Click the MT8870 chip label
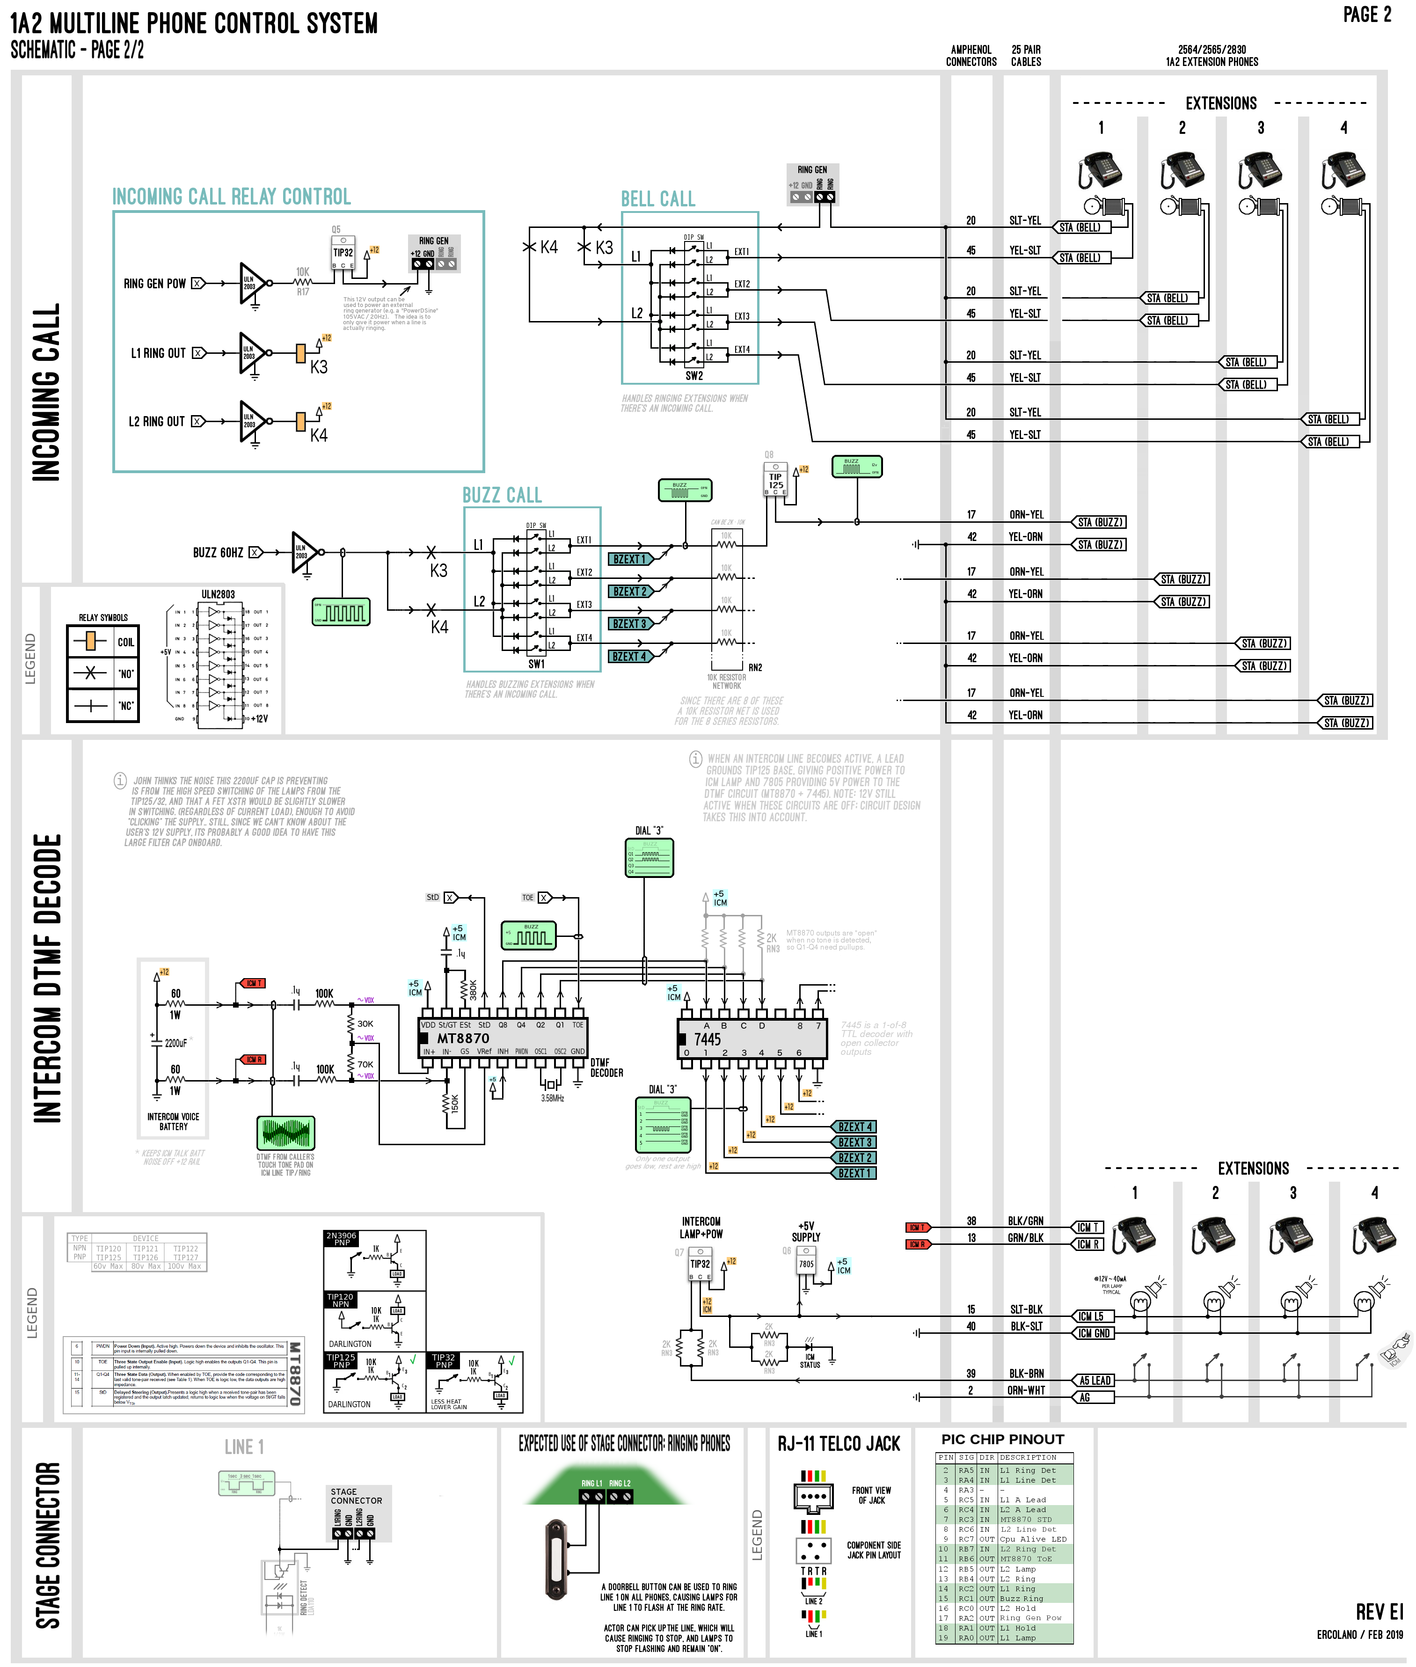pyautogui.click(x=463, y=1038)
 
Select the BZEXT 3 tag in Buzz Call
pyautogui.click(x=629, y=624)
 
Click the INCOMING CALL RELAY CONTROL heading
pyautogui.click(x=231, y=197)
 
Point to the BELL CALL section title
pyautogui.click(x=657, y=199)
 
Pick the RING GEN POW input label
pyautogui.click(x=154, y=283)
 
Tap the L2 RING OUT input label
pyautogui.click(x=157, y=421)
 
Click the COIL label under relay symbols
pyautogui.click(x=126, y=642)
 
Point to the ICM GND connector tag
pyautogui.click(x=1093, y=1333)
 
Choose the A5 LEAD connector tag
pyautogui.click(x=1094, y=1381)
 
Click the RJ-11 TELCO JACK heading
pyautogui.click(x=839, y=1444)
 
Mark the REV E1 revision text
pyautogui.click(x=1379, y=1612)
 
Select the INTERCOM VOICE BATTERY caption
pyautogui.click(x=174, y=1121)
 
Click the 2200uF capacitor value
pyautogui.click(x=176, y=1043)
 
